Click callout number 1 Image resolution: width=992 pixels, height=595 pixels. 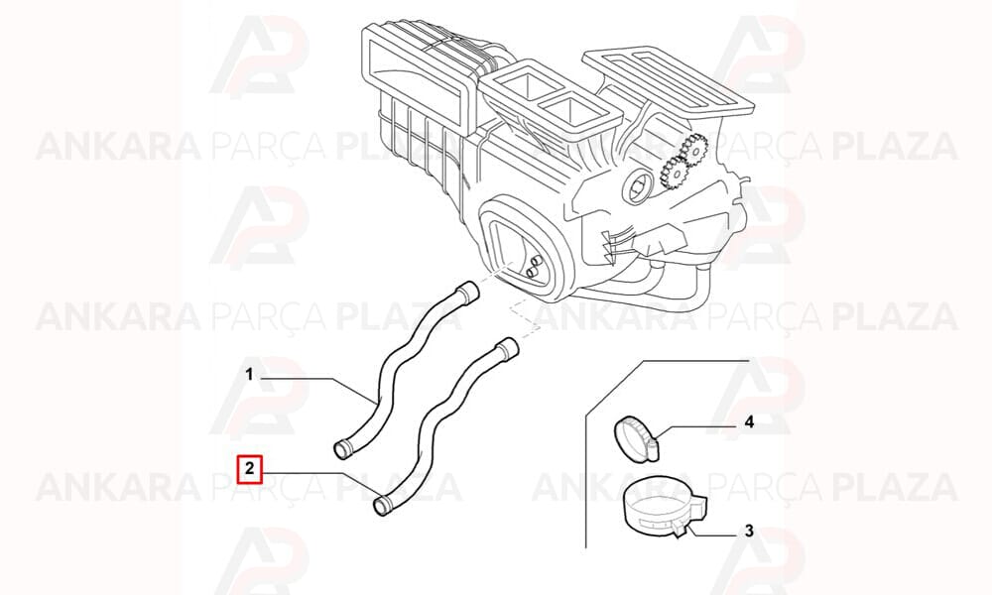pyautogui.click(x=249, y=376)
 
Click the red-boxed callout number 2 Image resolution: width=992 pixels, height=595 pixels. pyautogui.click(x=249, y=469)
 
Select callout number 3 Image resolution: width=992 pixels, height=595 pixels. pyautogui.click(x=749, y=531)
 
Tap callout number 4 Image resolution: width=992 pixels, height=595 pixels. pyautogui.click(x=749, y=421)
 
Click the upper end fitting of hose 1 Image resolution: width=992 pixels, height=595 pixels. pyautogui.click(x=468, y=293)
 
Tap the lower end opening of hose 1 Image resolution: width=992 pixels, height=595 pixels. pyautogui.click(x=342, y=450)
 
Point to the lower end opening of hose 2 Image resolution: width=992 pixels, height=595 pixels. pyautogui.click(x=382, y=506)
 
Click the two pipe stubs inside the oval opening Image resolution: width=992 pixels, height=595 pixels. pyautogui.click(x=534, y=265)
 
